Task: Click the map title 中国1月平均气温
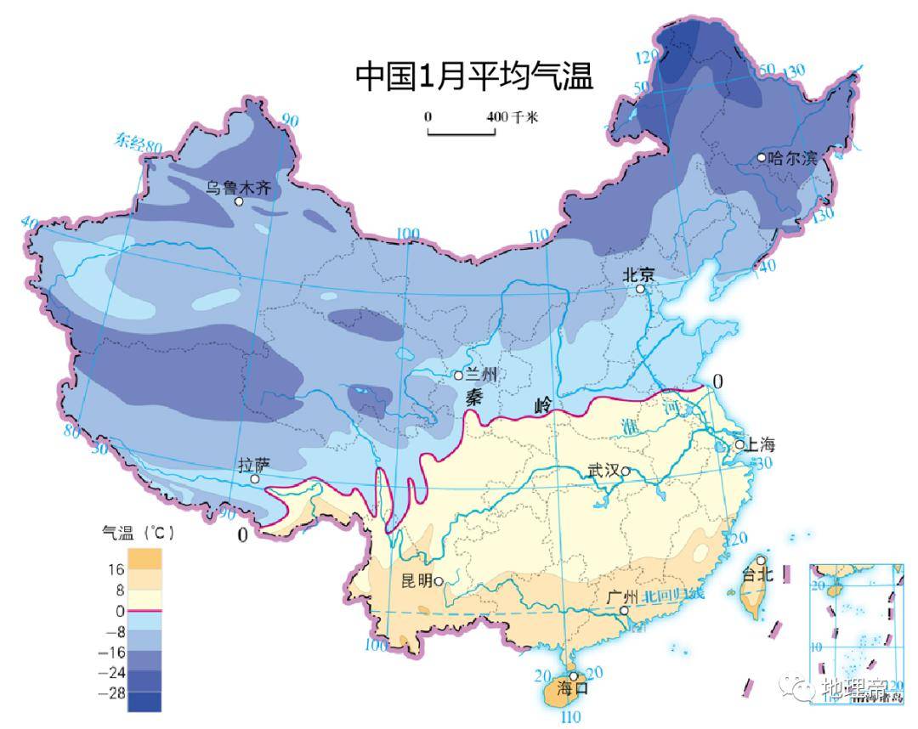click(473, 76)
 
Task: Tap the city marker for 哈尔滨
click(762, 157)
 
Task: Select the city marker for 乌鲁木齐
click(239, 202)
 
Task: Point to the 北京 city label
click(639, 274)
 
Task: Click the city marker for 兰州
click(458, 375)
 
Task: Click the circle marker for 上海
click(739, 444)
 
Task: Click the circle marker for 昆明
click(439, 581)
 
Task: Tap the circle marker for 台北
click(762, 562)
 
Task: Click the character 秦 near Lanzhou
click(473, 395)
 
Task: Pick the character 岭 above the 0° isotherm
click(544, 405)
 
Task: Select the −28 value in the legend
click(115, 693)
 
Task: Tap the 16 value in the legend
click(116, 568)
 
